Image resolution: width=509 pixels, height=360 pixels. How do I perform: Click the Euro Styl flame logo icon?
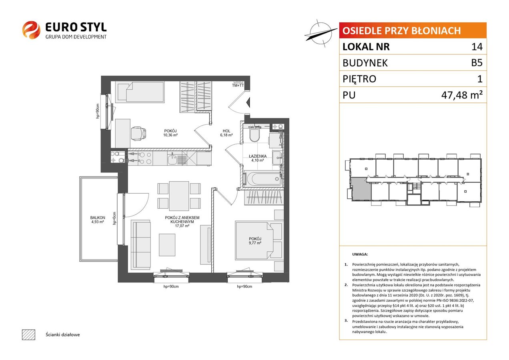coord(31,30)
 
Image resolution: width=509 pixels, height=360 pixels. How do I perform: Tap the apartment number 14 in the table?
coord(477,46)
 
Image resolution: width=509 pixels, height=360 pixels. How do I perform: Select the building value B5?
coord(477,63)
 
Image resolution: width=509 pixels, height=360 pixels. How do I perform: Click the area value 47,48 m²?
coord(462,95)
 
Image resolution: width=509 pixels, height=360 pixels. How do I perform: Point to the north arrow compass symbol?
coord(321,34)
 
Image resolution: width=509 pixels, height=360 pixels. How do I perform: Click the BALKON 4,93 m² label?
coord(98,220)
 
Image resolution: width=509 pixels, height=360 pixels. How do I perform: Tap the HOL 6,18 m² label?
coord(226,133)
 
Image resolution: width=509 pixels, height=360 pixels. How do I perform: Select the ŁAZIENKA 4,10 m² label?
coord(257,158)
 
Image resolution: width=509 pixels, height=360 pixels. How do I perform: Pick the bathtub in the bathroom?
coord(263,179)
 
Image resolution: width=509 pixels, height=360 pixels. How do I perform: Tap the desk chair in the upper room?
coord(138,133)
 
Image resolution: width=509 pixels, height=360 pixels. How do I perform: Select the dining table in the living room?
coord(179,196)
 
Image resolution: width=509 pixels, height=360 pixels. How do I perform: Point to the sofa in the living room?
coord(141,244)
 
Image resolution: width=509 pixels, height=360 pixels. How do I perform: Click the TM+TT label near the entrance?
coord(238,86)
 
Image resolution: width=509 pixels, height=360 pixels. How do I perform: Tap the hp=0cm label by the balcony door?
coord(114,218)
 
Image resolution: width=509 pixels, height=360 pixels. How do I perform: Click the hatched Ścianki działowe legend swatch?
coord(29,334)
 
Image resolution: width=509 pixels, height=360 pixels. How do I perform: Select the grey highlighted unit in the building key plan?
coord(361,189)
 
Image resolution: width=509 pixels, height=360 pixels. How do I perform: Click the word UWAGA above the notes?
coord(360,254)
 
